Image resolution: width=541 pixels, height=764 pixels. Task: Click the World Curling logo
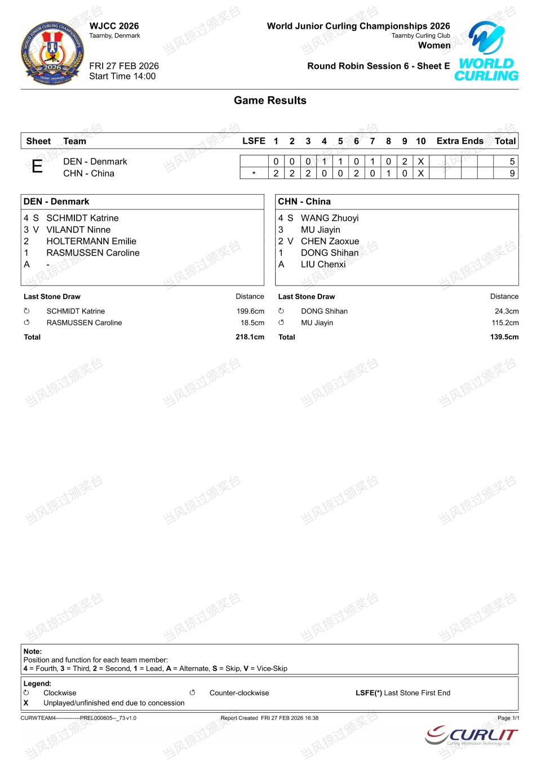coord(486,52)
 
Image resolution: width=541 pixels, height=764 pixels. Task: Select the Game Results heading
coord(270,101)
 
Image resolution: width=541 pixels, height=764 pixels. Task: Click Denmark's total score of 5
coord(512,162)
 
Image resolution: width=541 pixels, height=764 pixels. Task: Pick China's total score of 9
coord(512,173)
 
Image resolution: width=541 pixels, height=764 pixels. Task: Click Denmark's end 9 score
coord(405,162)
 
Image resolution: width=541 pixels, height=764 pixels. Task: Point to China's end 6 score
coord(356,173)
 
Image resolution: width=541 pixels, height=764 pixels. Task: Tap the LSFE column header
coord(254,141)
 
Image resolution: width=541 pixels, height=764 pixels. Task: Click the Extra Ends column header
coord(460,141)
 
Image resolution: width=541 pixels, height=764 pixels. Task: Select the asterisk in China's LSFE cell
coord(254,173)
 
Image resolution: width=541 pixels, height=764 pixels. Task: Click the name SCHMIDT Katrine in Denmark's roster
coord(82,218)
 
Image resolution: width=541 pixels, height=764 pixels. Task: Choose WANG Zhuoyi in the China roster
coord(329,218)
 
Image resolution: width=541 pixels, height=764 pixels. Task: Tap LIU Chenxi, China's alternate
coord(323,264)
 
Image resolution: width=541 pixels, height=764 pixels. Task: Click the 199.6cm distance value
coord(250,311)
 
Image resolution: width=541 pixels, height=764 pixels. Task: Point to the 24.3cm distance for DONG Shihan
coord(507,311)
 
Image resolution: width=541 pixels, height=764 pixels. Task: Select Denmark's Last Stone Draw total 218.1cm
coord(250,337)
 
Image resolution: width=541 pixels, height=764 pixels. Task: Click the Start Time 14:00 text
coord(122,77)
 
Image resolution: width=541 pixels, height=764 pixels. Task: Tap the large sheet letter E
coord(37,167)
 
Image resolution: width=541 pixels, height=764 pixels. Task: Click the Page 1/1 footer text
coord(508,718)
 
